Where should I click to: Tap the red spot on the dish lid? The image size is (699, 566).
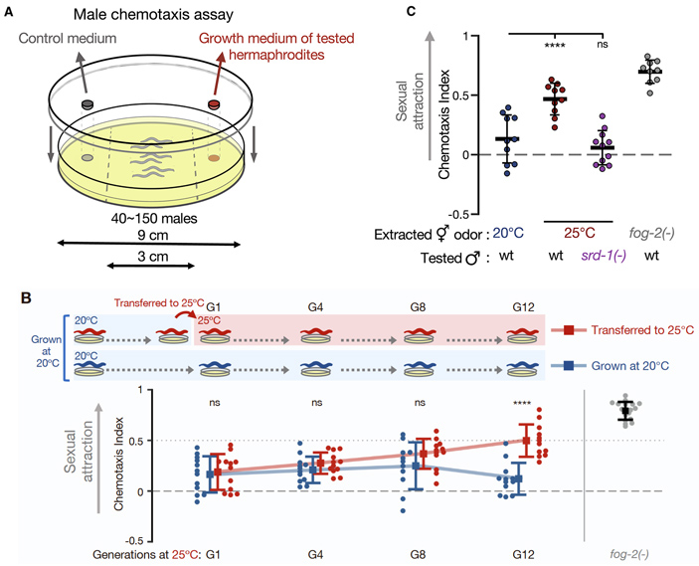point(213,104)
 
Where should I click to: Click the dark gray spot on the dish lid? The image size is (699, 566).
point(88,104)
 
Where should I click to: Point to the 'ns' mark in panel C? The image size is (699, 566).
point(599,45)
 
